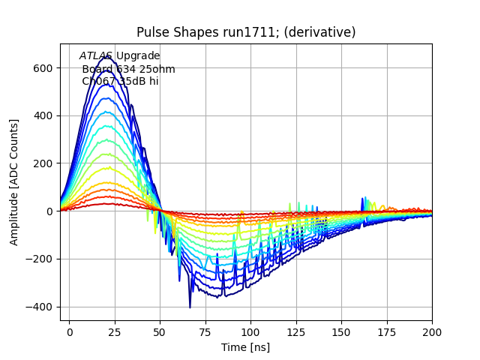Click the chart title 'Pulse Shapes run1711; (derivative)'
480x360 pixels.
click(246, 32)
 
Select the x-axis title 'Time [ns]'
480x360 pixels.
click(246, 347)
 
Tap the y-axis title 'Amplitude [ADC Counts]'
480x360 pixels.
click(14, 182)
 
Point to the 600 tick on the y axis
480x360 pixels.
click(43, 67)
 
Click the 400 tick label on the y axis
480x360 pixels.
click(43, 115)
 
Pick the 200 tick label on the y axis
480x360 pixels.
click(43, 163)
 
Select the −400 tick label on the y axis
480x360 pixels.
click(39, 307)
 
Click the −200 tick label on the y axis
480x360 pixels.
click(39, 259)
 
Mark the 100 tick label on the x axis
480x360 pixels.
click(250, 331)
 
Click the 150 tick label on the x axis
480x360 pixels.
click(341, 331)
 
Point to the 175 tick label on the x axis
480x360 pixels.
click(387, 331)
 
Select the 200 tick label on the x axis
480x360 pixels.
click(432, 331)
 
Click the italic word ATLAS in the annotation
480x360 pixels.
click(96, 56)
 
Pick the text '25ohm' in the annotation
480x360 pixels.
click(157, 70)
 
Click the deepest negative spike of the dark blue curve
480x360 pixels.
click(190, 307)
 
